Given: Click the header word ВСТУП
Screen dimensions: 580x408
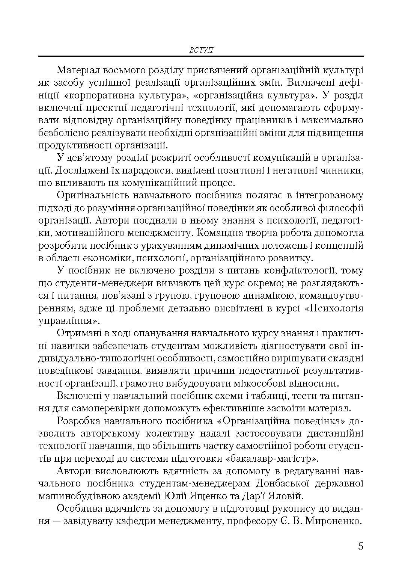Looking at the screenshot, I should pos(201,50).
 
